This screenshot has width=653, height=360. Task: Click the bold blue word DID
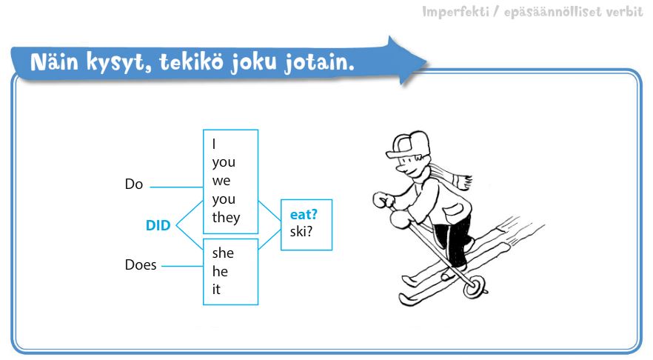[158, 225]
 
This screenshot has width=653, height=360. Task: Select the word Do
[134, 184]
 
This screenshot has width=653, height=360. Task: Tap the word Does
[141, 265]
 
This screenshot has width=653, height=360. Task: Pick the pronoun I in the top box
[214, 144]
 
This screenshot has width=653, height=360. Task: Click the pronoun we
[221, 181]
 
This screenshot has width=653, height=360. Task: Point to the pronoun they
[226, 218]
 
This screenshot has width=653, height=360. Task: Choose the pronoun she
[223, 253]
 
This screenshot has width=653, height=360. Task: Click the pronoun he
[220, 271]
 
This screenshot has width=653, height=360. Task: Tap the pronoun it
[216, 289]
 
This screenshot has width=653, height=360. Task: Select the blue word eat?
[304, 215]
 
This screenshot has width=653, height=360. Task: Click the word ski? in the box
[301, 232]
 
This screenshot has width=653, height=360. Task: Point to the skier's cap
[407, 144]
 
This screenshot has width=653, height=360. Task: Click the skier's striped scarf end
[462, 182]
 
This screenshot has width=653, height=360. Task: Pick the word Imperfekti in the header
[455, 12]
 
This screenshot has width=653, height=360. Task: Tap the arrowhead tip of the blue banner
[426, 63]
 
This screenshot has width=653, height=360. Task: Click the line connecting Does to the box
[182, 266]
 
